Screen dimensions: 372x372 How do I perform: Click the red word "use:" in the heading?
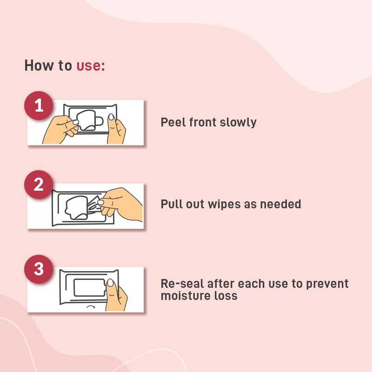coord(90,65)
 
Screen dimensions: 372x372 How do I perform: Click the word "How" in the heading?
coord(39,65)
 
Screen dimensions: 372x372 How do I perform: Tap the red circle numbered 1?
coord(39,106)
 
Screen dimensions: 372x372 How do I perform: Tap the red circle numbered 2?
coord(39,184)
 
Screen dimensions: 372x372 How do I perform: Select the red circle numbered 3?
coord(39,269)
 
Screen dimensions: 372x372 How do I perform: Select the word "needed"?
coord(280,204)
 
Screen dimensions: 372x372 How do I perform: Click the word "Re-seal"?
coord(182,284)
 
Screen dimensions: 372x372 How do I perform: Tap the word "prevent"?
coord(327,284)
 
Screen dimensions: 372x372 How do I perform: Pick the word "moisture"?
coord(182,296)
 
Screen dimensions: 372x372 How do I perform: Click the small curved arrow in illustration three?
coord(91,306)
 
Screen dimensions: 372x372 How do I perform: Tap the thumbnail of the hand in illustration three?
coord(110,283)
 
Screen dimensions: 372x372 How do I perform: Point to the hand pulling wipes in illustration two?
coord(120,204)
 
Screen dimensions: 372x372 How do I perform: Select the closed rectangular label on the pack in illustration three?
coord(89,287)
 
